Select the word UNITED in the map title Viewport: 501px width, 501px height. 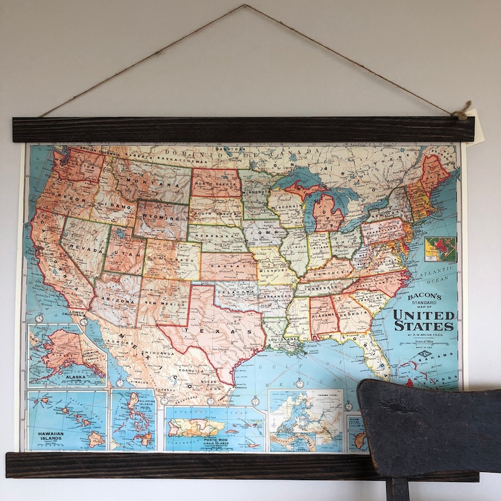[x=424, y=314]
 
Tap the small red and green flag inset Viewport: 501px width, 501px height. [x=440, y=249]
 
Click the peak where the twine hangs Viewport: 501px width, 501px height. [x=245, y=6]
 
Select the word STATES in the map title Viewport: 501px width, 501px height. [x=424, y=326]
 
